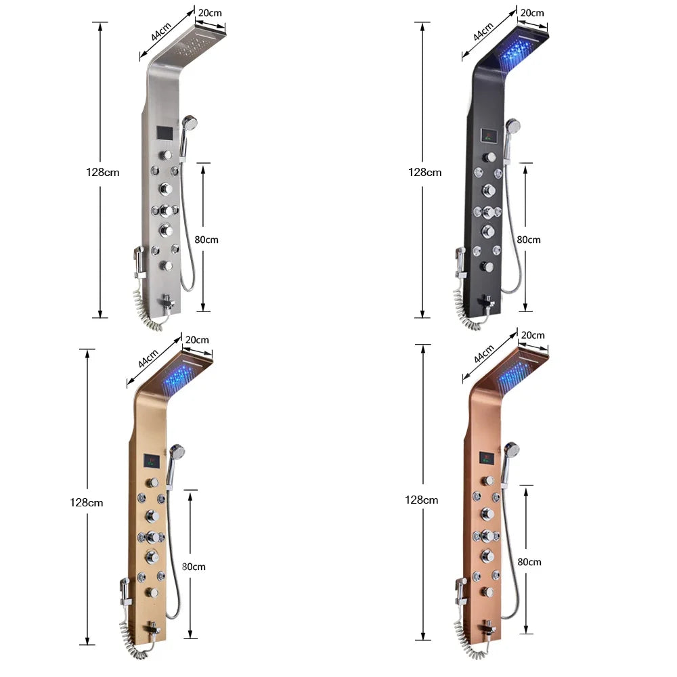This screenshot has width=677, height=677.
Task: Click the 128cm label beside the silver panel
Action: [102, 172]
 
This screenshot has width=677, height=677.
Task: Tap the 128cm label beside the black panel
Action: [424, 172]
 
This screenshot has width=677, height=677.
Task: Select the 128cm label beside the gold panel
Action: [87, 502]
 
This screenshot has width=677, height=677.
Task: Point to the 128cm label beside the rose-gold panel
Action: [421, 500]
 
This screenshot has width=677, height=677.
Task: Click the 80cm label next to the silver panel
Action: [206, 240]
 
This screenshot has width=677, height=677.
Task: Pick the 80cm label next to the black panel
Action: [529, 240]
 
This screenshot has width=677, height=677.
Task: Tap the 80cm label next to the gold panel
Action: [193, 567]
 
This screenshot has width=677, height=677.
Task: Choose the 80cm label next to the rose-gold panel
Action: [529, 562]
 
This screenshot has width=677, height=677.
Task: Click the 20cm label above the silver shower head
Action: [210, 12]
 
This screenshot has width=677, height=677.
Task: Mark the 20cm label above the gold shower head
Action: [197, 339]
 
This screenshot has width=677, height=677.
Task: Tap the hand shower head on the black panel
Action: [512, 126]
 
